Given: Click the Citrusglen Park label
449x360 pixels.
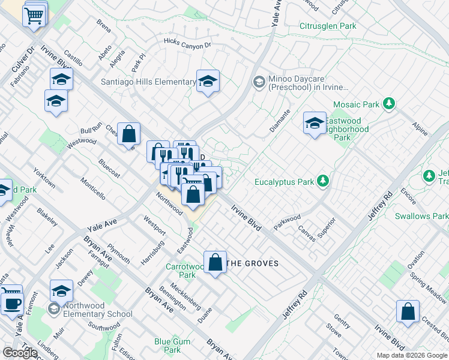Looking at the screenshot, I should [x=328, y=26].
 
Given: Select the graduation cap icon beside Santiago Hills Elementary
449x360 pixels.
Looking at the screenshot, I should [x=208, y=82].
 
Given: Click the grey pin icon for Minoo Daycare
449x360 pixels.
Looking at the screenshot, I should [x=259, y=82].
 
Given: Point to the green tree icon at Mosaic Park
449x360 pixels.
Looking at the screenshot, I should [x=389, y=104].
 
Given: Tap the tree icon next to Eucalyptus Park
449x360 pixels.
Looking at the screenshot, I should [x=323, y=181].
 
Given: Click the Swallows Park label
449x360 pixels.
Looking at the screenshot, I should [x=421, y=215].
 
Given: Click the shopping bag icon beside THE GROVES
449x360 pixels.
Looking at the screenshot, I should [x=215, y=262].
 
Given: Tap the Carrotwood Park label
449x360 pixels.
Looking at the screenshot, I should [x=187, y=271].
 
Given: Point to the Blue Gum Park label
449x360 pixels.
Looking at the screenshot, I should [x=167, y=346].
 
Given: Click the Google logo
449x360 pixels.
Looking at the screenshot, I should [x=20, y=353].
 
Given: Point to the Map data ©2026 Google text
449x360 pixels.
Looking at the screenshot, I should [x=411, y=355].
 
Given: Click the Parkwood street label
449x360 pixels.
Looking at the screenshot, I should [x=286, y=218].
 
